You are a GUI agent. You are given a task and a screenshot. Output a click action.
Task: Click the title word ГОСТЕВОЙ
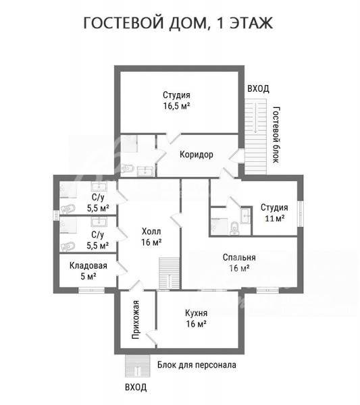124,23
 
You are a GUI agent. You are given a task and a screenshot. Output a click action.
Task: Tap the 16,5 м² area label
177,106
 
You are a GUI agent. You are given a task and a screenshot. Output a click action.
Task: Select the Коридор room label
197,155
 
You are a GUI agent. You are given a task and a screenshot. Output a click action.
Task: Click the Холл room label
151,231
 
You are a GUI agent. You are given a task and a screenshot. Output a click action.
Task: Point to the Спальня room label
239,258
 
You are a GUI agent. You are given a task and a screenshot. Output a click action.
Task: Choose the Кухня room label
196,313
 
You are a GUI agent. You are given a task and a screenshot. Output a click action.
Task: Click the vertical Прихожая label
135,320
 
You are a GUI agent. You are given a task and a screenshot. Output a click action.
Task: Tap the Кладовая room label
88,265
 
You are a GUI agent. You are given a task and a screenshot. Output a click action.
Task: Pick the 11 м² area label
275,218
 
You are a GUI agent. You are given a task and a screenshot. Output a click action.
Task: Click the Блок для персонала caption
197,365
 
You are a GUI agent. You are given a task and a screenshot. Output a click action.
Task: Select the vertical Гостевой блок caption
276,134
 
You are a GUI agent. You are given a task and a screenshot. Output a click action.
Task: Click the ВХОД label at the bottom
136,387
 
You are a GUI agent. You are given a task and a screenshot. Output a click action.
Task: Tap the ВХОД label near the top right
259,88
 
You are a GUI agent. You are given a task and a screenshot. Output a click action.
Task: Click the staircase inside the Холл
170,273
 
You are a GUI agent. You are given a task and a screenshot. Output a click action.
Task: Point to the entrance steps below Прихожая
138,366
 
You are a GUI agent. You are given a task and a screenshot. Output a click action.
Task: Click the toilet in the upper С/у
68,209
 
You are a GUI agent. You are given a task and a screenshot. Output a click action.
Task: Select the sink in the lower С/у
99,222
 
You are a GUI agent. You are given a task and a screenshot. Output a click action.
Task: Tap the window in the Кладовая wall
91,290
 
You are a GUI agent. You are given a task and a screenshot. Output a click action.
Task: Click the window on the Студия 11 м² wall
300,214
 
